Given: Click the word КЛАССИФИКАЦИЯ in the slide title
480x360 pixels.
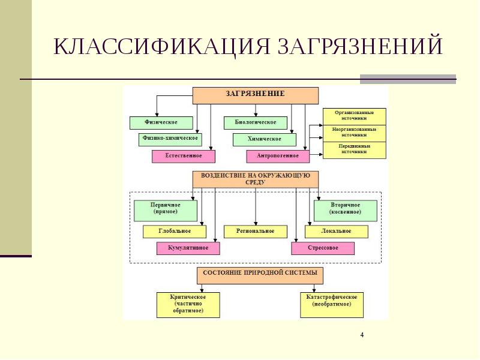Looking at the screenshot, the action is (x=161, y=47).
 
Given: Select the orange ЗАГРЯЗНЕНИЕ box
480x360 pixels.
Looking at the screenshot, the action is (x=256, y=95).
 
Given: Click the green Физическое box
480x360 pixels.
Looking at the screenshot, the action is (x=161, y=123).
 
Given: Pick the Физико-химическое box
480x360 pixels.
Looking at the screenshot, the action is (x=170, y=139).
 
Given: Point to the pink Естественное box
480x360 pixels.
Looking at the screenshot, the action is (x=184, y=156).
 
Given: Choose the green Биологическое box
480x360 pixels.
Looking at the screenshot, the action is (x=256, y=123).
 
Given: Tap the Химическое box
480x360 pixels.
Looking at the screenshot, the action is (x=265, y=139).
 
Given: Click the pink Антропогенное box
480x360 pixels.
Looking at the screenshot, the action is (x=278, y=156).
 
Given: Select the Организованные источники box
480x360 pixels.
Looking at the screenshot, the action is (x=355, y=116).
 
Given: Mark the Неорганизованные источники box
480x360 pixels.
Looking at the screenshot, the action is (x=355, y=133).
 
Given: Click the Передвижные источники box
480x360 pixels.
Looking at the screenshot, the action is (x=355, y=150).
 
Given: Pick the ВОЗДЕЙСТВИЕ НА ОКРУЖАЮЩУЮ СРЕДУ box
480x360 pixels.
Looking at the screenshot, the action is (x=256, y=179).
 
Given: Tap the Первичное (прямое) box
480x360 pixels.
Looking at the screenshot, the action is (x=166, y=211).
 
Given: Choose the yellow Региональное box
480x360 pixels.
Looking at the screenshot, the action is (x=256, y=232).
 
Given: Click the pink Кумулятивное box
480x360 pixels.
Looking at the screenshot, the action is (x=188, y=248).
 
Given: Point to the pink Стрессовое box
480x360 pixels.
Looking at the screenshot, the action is (x=323, y=248).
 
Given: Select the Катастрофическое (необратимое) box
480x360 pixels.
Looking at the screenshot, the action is (x=332, y=305).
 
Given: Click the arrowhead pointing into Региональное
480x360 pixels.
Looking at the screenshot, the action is (x=256, y=224).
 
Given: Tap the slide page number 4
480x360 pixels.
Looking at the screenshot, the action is (x=362, y=335).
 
